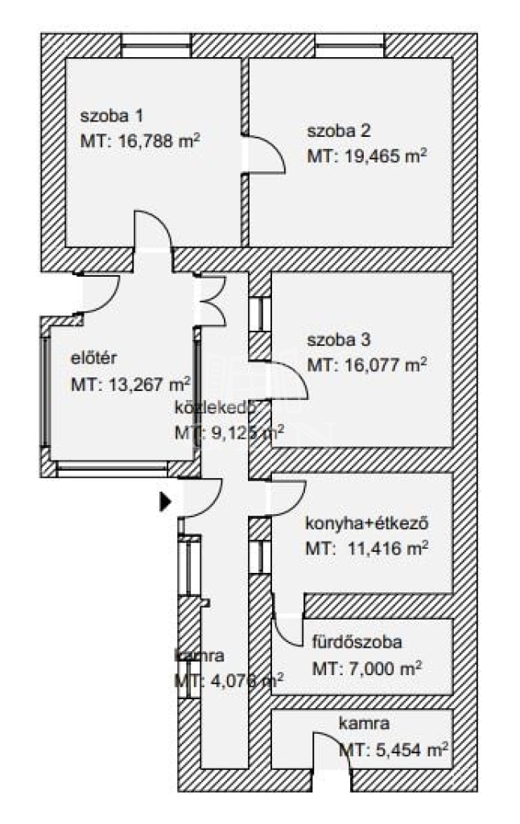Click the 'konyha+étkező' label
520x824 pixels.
(x=365, y=524)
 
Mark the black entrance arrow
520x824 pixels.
(x=165, y=502)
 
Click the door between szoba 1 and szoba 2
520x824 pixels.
(x=264, y=154)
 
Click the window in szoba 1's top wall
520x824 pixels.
(x=156, y=49)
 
